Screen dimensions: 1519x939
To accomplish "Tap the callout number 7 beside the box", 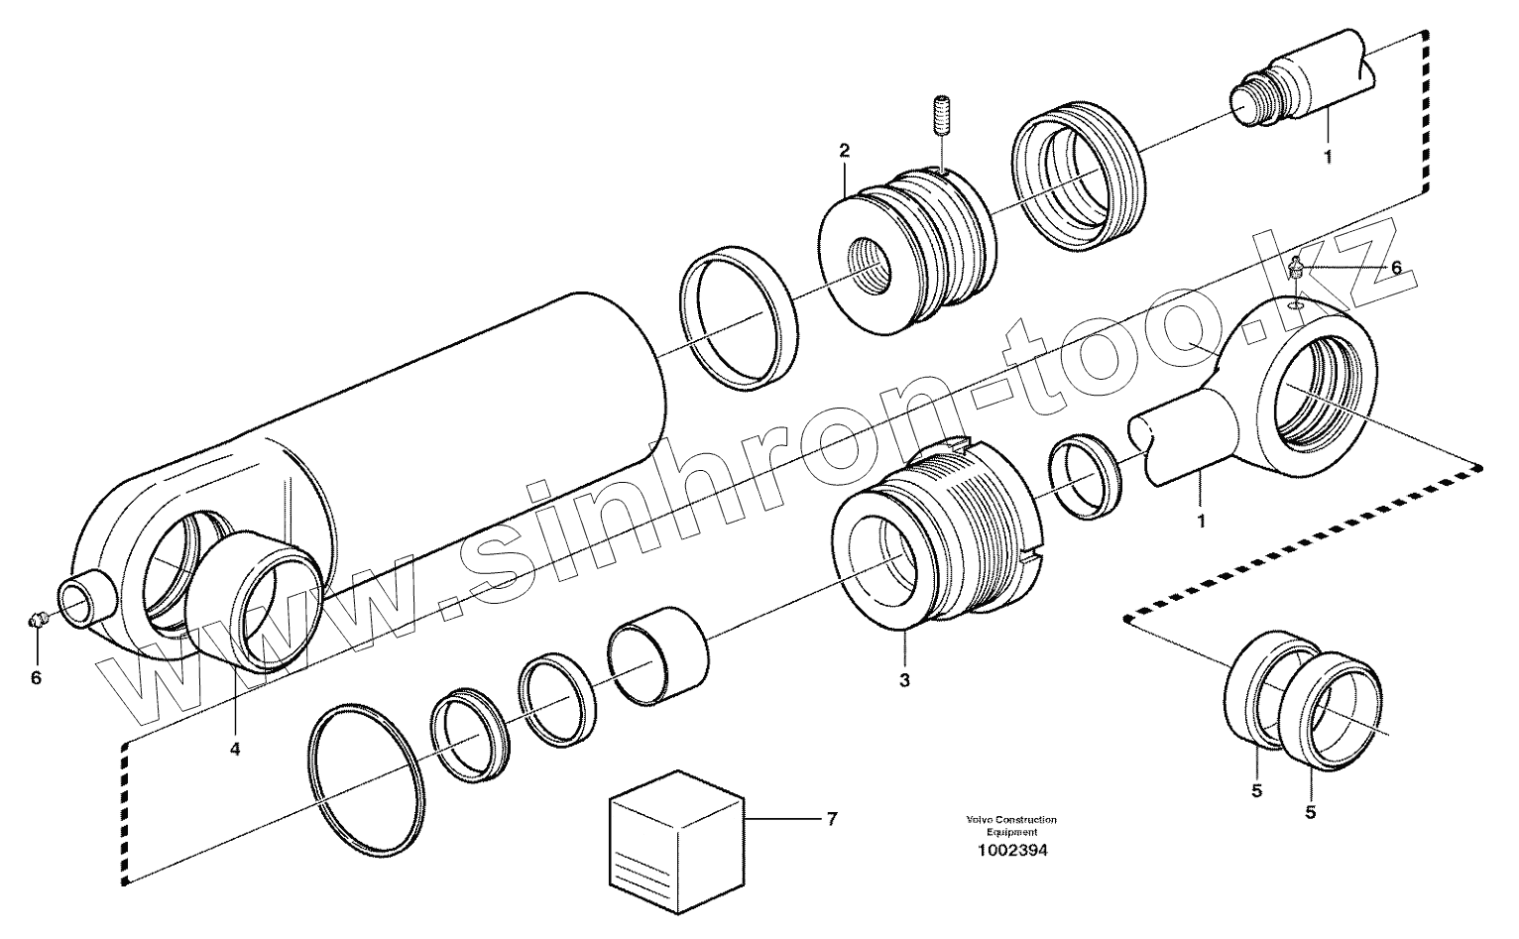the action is click(x=831, y=818).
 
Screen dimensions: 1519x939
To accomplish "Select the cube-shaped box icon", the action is click(x=673, y=830).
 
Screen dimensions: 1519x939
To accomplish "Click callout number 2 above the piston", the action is click(x=844, y=151).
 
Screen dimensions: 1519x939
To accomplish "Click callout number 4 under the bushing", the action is click(x=235, y=750).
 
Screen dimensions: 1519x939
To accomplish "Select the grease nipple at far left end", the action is click(x=37, y=621).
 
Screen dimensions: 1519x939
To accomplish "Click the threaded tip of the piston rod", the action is click(x=1251, y=102).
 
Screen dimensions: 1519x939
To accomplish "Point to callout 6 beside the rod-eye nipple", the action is click(x=1396, y=268).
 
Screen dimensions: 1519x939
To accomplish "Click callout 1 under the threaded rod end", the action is click(x=1328, y=156).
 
